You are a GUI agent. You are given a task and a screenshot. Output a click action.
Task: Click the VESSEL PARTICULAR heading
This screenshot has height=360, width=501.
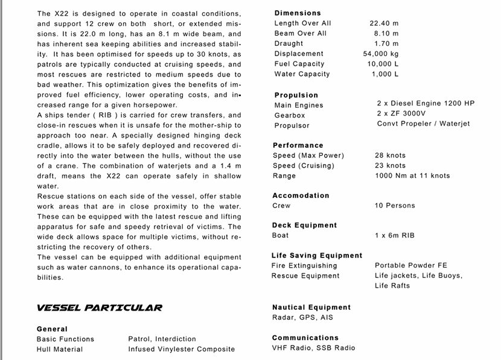coord(99,308)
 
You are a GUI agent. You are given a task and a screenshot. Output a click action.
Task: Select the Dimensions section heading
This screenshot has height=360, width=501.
coord(298,13)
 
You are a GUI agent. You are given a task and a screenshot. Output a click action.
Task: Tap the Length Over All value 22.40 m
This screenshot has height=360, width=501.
coord(384,23)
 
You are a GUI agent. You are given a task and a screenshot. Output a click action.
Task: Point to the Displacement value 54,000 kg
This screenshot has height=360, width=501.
coord(381,54)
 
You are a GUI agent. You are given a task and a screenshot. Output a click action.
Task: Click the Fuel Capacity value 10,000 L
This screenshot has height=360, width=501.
coord(383,64)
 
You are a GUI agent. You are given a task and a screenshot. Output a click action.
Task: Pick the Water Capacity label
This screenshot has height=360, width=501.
coord(302,74)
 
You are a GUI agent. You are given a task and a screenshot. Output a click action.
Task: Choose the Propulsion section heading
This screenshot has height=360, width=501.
coord(296,95)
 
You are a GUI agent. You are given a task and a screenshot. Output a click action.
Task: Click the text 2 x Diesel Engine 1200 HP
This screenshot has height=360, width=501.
coord(426,103)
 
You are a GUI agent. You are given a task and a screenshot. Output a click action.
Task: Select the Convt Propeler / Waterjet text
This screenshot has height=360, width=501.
coord(423,124)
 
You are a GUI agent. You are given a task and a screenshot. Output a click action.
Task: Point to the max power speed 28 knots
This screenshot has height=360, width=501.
coord(390,156)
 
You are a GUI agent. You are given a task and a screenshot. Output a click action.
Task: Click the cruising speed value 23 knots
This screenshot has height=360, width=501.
coord(390,165)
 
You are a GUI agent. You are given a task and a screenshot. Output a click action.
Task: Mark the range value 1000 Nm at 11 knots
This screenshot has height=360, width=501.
coord(412,175)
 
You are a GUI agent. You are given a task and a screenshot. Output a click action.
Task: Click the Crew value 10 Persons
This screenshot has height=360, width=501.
coord(395,206)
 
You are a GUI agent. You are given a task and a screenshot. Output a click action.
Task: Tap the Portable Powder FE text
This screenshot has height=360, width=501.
coord(411,265)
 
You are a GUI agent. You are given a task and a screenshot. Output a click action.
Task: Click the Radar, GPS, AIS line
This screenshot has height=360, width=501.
coord(302,317)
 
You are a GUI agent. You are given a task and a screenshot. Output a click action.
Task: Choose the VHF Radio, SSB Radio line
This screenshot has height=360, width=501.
coord(313,347)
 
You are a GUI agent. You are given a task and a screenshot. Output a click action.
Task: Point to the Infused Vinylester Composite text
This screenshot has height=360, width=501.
coord(181,349)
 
